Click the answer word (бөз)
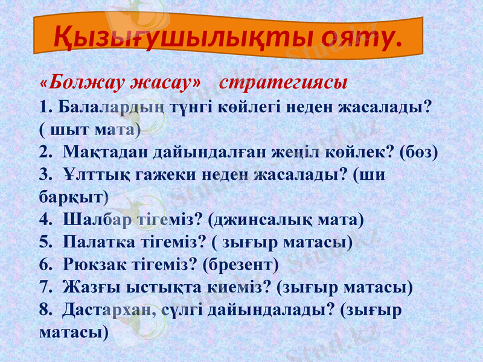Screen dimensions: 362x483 pyautogui.click(x=418, y=151)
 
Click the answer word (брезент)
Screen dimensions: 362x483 pyautogui.click(x=241, y=264)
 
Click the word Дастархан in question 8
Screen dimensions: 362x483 pyautogui.click(x=109, y=310)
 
